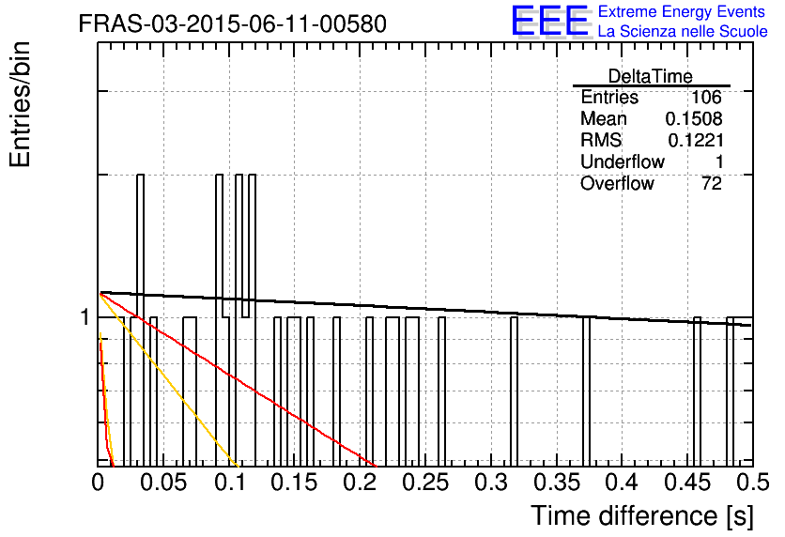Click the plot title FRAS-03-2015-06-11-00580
(x=232, y=23)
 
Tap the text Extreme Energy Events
(x=681, y=11)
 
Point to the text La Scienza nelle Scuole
(x=683, y=31)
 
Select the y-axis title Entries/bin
(x=20, y=104)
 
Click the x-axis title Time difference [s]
(x=642, y=515)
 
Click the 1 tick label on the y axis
(x=85, y=316)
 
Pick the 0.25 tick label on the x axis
(x=425, y=483)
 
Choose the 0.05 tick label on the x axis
(x=163, y=483)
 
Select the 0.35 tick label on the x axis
(x=557, y=483)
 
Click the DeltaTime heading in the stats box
(x=651, y=76)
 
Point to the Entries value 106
(x=706, y=97)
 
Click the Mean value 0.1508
(x=694, y=118)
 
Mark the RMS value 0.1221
(x=696, y=140)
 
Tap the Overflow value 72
(x=712, y=183)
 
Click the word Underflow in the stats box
(x=623, y=161)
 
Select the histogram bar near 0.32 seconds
(x=514, y=391)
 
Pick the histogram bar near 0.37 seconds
(x=586, y=391)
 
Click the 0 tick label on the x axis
(x=98, y=483)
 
